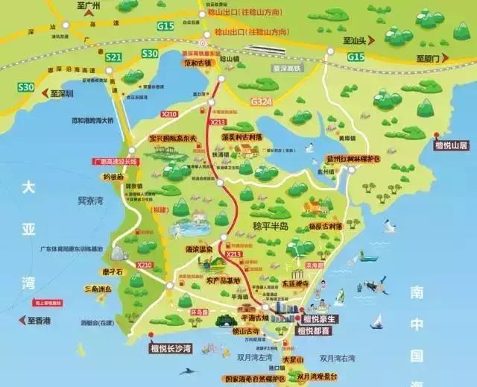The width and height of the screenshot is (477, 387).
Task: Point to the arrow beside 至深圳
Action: [x=45, y=95]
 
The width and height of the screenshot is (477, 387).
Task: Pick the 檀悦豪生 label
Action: [x=314, y=318]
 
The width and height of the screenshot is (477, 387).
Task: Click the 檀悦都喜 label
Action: [x=314, y=330]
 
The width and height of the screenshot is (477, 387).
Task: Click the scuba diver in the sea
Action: [x=377, y=283]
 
